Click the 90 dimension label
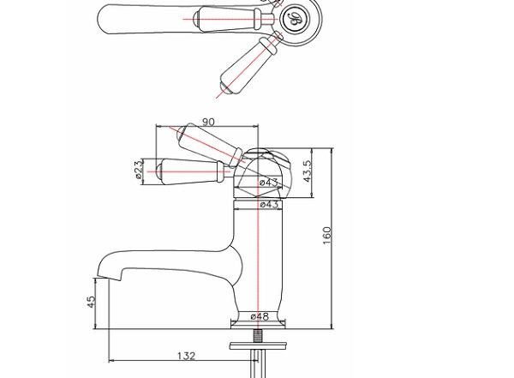pyautogui.click(x=208, y=122)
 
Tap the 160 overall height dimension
pyautogui.click(x=327, y=235)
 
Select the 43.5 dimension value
pyautogui.click(x=308, y=171)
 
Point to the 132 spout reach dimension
pyautogui.click(x=186, y=356)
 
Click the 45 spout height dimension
pyautogui.click(x=92, y=302)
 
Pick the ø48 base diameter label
pyautogui.click(x=260, y=316)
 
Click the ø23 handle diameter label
pyautogui.click(x=139, y=169)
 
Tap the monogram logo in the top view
pyautogui.click(x=294, y=19)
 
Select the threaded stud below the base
pyautogui.click(x=259, y=336)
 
